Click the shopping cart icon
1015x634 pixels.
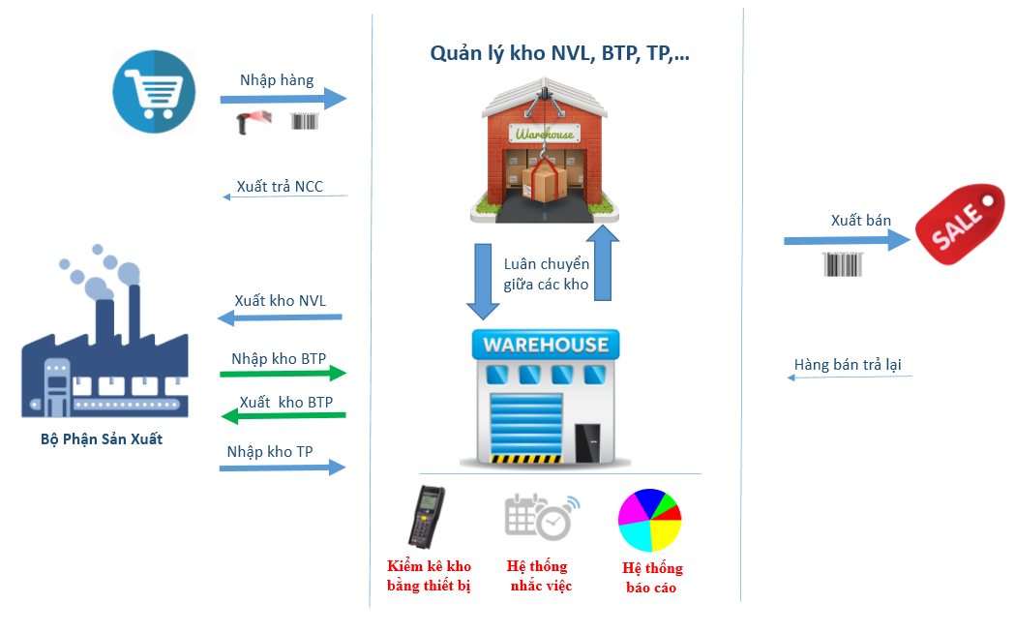pyautogui.click(x=154, y=92)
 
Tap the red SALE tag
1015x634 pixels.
pyautogui.click(x=959, y=224)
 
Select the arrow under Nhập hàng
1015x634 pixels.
pyautogui.click(x=283, y=99)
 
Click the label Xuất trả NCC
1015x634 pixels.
pyautogui.click(x=280, y=187)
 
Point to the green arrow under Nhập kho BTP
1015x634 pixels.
pyautogui.click(x=283, y=373)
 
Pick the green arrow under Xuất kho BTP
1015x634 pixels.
pyautogui.click(x=284, y=415)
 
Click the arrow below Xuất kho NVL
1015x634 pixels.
pyautogui.click(x=280, y=317)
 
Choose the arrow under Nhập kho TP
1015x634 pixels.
pyautogui.click(x=283, y=468)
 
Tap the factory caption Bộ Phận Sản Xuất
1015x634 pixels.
pyautogui.click(x=102, y=439)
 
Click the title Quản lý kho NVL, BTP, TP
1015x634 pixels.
pyautogui.click(x=560, y=53)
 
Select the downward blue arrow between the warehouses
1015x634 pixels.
pyautogui.click(x=483, y=282)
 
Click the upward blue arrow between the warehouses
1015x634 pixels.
pyautogui.click(x=604, y=262)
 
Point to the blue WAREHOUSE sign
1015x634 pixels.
pyautogui.click(x=546, y=345)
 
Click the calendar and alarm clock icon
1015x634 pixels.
pyautogui.click(x=542, y=517)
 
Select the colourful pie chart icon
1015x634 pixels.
pyautogui.click(x=650, y=520)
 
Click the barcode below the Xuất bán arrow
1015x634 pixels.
pyautogui.click(x=842, y=264)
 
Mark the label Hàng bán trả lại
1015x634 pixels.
pyautogui.click(x=848, y=365)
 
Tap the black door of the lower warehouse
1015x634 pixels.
pyautogui.click(x=587, y=443)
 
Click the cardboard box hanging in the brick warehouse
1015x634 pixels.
pyautogui.click(x=544, y=181)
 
